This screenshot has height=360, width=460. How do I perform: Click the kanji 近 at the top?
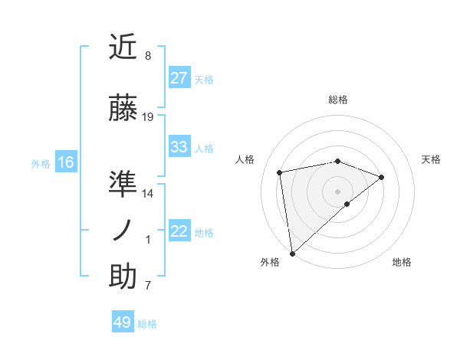coord(123,47)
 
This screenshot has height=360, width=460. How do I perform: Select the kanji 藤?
coord(123,108)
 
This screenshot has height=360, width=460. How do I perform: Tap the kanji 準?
coord(123,183)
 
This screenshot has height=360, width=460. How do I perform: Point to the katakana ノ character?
coord(123,231)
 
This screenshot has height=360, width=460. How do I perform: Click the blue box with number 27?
coord(179,78)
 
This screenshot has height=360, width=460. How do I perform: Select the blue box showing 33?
coord(179,147)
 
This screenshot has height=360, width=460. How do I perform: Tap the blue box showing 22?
coord(179,232)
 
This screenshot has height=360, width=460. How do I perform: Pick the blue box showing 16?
coord(65,162)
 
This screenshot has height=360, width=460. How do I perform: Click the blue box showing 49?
coord(123,322)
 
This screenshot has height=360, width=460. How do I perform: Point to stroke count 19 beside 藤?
coord(148,117)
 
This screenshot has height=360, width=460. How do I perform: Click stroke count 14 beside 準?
coord(148,193)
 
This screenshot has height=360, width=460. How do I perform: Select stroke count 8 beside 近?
coord(148,56)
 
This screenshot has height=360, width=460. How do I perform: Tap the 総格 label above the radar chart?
coord(338,100)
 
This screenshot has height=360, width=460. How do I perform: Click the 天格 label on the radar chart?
coord(432,159)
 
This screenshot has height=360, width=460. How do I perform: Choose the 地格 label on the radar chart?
coord(402,263)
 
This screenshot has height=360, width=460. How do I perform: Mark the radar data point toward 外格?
coord(292,253)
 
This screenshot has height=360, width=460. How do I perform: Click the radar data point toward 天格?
coord(382,177)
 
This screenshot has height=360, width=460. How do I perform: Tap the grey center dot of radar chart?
coord(337,191)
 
